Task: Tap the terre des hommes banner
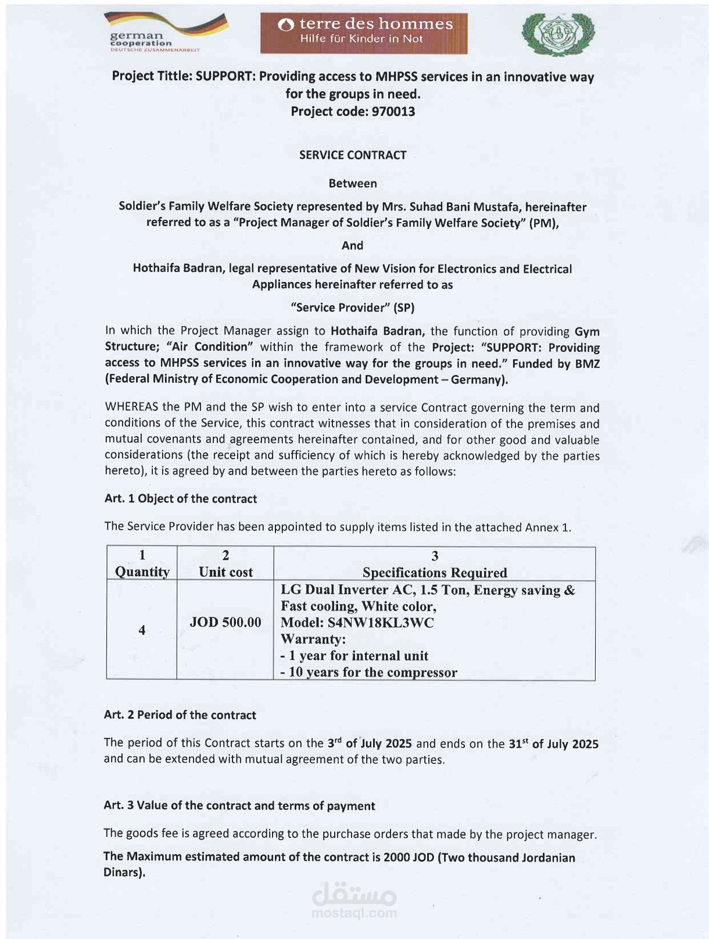(x=364, y=33)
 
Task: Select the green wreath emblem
(x=558, y=35)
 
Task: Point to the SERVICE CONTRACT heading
(x=353, y=155)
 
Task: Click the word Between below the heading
(x=353, y=184)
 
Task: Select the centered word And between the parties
(x=352, y=245)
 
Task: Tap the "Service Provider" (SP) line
(x=352, y=308)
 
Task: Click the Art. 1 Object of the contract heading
(x=180, y=499)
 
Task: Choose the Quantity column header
(x=142, y=572)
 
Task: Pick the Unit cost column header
(x=225, y=572)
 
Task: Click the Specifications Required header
(x=435, y=573)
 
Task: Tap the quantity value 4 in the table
(x=142, y=630)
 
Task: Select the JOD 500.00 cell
(x=225, y=622)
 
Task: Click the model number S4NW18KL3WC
(x=381, y=623)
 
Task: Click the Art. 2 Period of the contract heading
(x=180, y=715)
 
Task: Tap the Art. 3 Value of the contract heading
(x=239, y=806)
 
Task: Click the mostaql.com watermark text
(x=354, y=913)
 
